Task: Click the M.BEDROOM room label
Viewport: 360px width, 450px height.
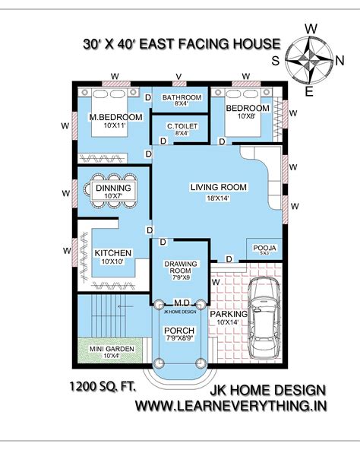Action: (x=116, y=117)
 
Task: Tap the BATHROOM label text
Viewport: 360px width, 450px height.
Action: (x=181, y=97)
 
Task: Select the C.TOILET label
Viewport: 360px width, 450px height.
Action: (x=181, y=125)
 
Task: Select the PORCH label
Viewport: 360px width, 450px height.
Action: (x=180, y=330)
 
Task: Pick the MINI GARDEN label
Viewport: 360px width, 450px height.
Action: (x=106, y=349)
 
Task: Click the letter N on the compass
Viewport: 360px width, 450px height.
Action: (x=338, y=59)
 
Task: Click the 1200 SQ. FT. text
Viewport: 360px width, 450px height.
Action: (x=103, y=385)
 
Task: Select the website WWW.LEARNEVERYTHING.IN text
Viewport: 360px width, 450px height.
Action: (x=231, y=406)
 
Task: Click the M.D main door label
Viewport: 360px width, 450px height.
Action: (x=181, y=303)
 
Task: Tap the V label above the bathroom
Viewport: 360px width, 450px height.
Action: (x=179, y=74)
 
